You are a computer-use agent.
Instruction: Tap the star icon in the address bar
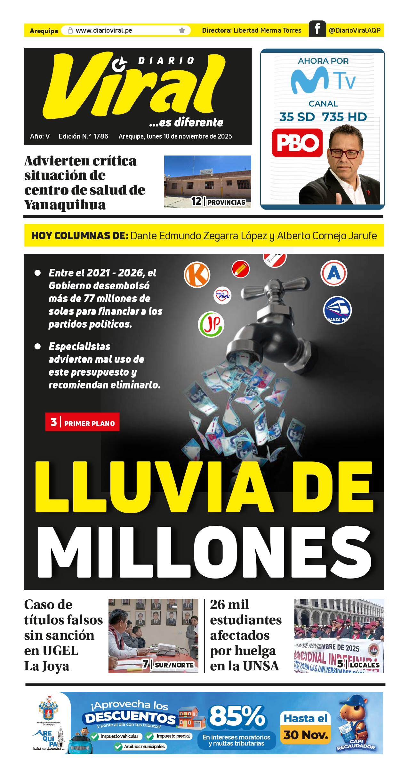[x=182, y=30]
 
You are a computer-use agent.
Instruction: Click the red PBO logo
[x=297, y=143]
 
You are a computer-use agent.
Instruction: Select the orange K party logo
[x=197, y=275]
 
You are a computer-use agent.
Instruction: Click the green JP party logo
[x=211, y=324]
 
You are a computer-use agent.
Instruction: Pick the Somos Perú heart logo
[x=222, y=295]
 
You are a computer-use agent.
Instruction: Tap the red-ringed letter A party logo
[x=334, y=273]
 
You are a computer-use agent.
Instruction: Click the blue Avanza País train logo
[x=337, y=310]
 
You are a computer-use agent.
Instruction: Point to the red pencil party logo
[x=240, y=269]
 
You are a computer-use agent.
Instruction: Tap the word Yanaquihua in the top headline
[x=65, y=205]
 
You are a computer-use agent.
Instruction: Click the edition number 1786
[x=101, y=136]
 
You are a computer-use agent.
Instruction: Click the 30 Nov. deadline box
[x=306, y=735]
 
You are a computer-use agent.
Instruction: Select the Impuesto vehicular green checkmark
[x=94, y=736]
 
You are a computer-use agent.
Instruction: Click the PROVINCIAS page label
[x=226, y=202]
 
